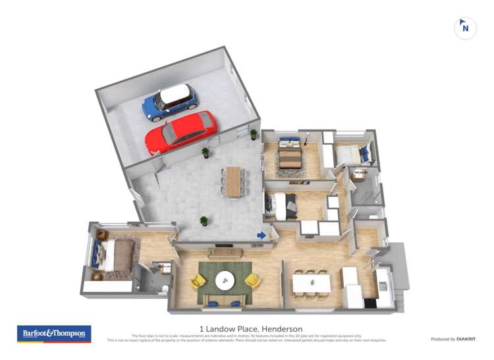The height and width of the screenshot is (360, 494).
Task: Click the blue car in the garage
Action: (170, 103)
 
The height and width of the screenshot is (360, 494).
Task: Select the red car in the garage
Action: (180, 132)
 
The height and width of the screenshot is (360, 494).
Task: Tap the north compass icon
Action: (465, 28)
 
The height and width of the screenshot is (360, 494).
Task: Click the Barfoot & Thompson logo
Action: (53, 334)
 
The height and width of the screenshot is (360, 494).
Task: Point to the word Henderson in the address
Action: (282, 329)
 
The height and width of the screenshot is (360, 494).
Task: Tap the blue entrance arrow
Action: (261, 235)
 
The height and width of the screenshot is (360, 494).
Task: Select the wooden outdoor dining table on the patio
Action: (234, 180)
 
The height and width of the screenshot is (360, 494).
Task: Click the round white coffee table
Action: (225, 280)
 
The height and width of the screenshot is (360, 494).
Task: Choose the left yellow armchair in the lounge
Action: (197, 282)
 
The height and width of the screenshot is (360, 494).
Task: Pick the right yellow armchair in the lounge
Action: (252, 281)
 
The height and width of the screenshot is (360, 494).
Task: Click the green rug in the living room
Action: (225, 282)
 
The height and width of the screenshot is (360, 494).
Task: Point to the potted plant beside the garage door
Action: (206, 153)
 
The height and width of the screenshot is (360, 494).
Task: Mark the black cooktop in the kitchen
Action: (370, 303)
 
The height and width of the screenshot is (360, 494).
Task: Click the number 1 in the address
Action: (201, 329)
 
